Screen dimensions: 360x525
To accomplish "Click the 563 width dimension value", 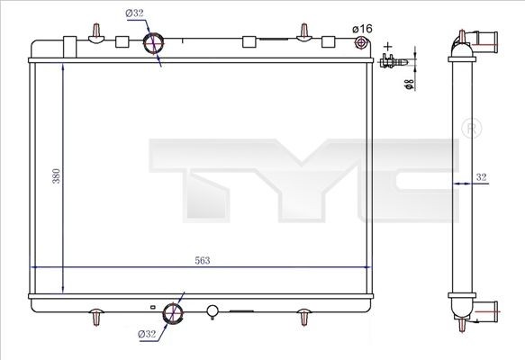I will pos(202,260).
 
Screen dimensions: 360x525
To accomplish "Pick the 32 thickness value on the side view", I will pos(482,178).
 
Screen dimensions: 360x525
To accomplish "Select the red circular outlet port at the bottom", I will pos(173,314).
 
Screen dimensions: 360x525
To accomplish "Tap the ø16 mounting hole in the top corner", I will pos(362,43).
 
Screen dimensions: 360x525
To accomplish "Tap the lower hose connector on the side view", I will pos(486,314).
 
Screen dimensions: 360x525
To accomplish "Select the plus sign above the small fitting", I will pos(388,44).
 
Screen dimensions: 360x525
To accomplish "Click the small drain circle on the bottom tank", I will pos(213,313).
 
